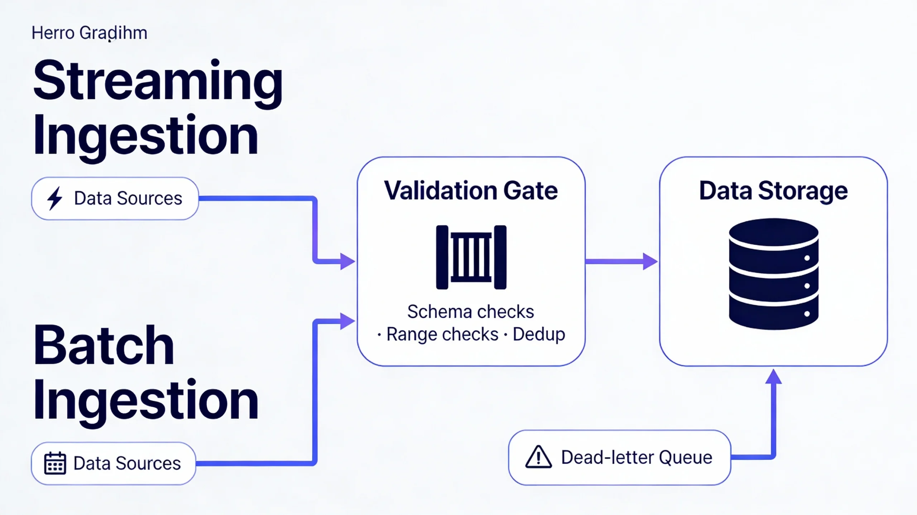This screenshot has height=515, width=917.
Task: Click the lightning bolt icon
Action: (55, 198)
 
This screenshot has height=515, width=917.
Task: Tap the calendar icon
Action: (55, 463)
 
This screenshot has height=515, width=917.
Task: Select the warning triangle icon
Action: (538, 457)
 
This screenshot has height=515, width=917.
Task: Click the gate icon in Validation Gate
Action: (471, 257)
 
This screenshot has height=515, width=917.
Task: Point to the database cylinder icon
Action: (773, 274)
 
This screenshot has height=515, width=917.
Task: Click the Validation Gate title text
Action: (471, 191)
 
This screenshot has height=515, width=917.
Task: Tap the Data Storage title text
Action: (773, 191)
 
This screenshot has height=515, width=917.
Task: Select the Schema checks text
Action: (470, 312)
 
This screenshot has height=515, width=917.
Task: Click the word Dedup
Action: (539, 334)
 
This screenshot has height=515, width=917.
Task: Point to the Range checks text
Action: (442, 334)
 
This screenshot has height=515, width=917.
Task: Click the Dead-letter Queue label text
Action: (636, 457)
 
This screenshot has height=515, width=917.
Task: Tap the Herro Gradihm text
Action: (89, 33)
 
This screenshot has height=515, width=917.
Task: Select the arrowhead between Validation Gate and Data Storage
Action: (649, 261)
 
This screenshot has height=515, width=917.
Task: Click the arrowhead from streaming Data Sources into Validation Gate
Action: (347, 261)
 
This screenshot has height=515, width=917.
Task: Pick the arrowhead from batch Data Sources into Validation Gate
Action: (347, 321)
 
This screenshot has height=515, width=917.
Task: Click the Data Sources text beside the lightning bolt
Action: (128, 198)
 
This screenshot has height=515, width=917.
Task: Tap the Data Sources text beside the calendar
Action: (127, 463)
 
